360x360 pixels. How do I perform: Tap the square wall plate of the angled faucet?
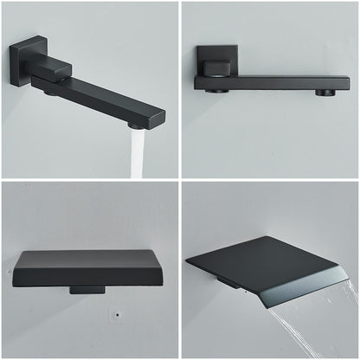23,61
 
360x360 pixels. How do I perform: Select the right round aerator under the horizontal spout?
324,92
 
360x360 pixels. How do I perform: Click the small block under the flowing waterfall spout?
228,283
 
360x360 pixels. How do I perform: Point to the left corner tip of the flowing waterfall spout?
189,262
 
